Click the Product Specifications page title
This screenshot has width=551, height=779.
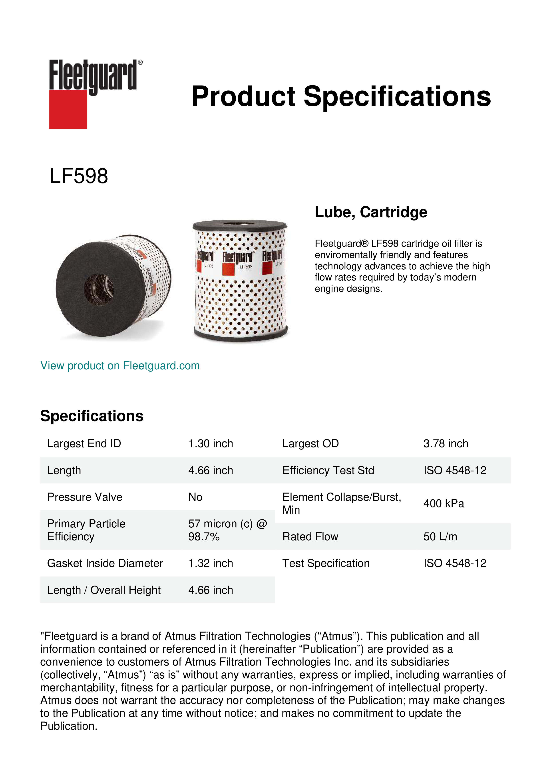tap(341, 96)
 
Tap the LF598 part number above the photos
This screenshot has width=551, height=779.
tap(79, 176)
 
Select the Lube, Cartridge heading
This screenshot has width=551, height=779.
tap(371, 212)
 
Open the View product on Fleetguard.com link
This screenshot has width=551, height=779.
tap(120, 366)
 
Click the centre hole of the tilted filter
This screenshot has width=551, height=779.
tap(99, 289)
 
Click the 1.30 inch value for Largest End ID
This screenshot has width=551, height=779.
tap(211, 443)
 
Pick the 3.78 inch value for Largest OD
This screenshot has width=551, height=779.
tap(446, 443)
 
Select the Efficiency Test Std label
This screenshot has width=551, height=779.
tap(328, 470)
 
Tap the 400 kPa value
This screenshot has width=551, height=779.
tap(444, 503)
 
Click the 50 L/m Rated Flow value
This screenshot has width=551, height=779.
tap(440, 537)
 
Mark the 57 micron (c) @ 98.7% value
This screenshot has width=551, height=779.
tap(227, 530)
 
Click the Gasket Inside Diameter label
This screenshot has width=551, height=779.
tap(105, 563)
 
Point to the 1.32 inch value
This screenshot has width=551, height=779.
tap(211, 563)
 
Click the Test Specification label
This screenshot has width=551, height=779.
tap(326, 563)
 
